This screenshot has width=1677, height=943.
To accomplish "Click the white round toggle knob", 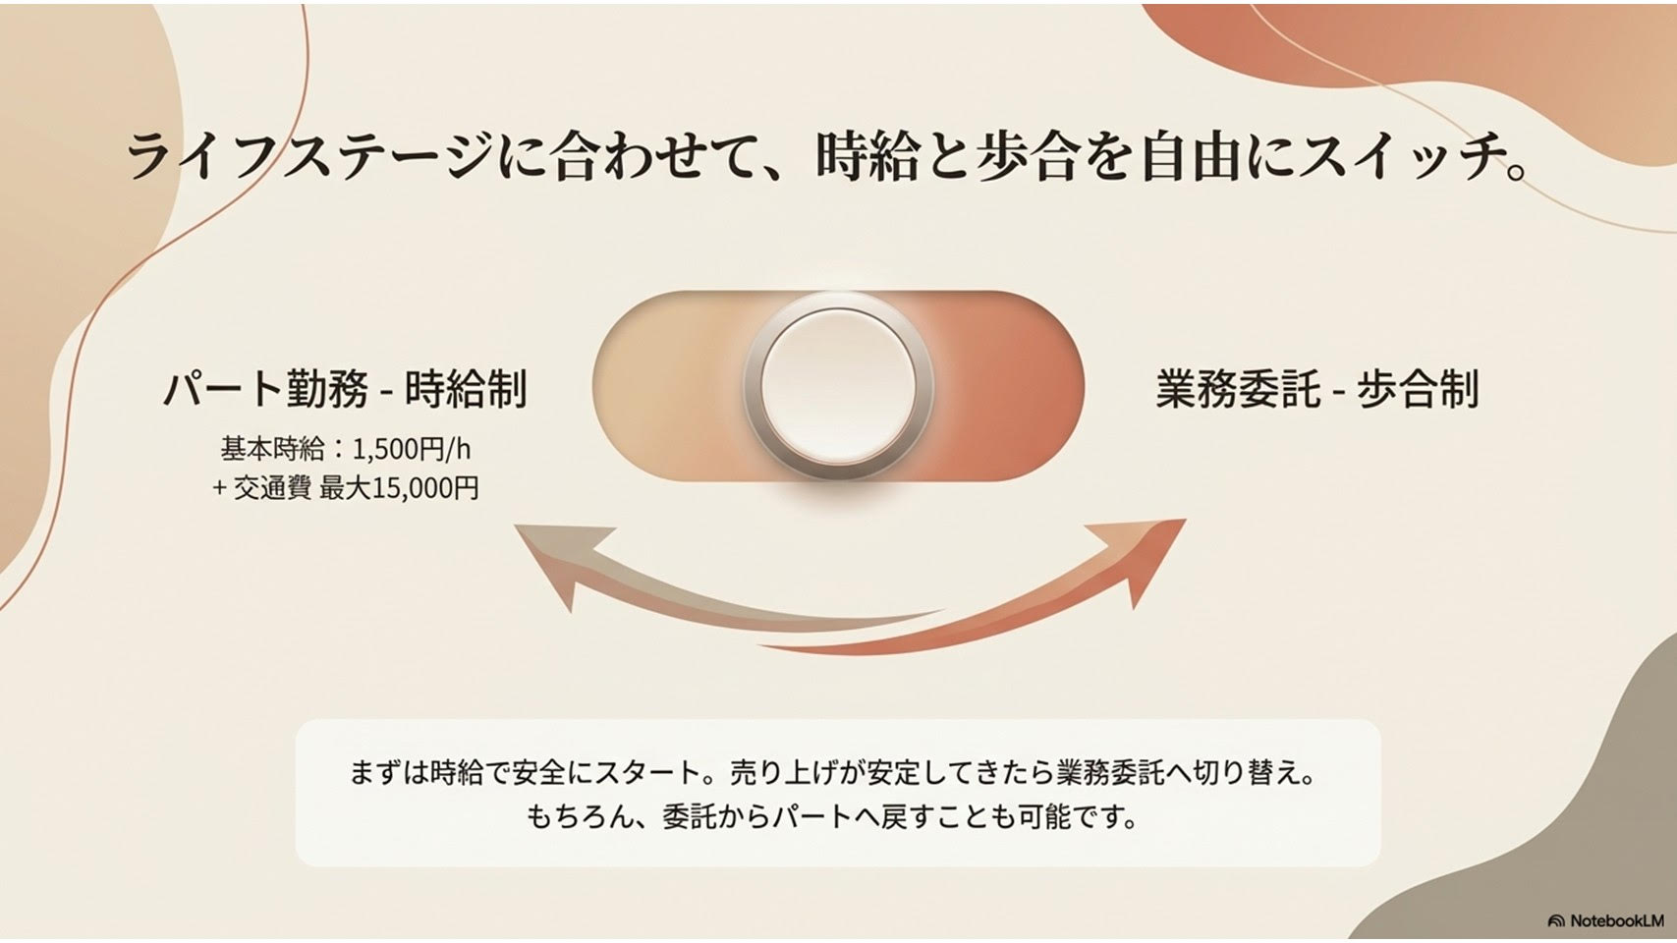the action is click(x=839, y=386).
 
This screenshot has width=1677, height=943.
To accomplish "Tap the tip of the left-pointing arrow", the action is click(x=515, y=526).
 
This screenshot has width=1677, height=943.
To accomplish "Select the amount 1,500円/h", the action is click(x=411, y=450).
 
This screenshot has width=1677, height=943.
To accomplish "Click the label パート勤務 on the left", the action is click(x=266, y=388).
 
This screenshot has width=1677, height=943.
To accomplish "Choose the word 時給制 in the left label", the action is click(x=466, y=388).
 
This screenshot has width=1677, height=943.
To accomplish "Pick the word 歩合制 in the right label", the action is click(x=1418, y=388).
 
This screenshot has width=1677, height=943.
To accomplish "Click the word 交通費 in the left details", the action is click(x=272, y=489).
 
